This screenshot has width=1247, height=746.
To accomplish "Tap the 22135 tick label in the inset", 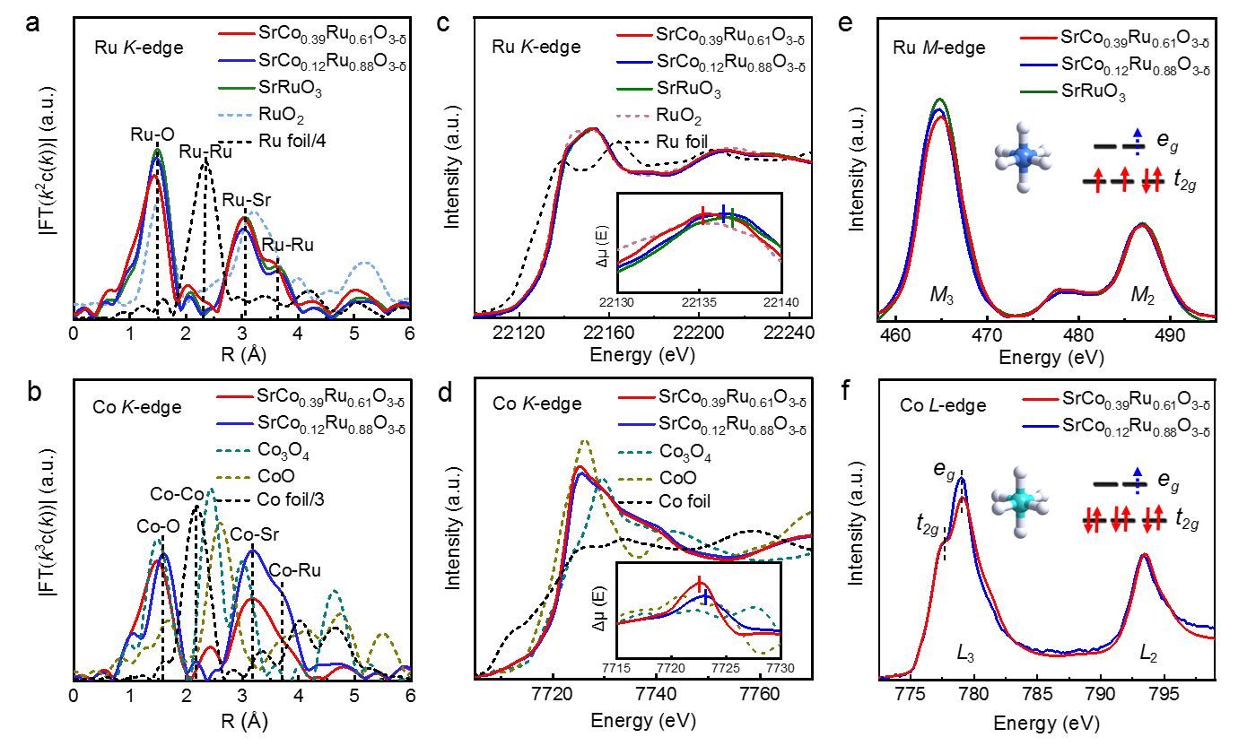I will point(701,302).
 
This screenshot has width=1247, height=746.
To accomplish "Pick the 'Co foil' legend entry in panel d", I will point(685,500).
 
